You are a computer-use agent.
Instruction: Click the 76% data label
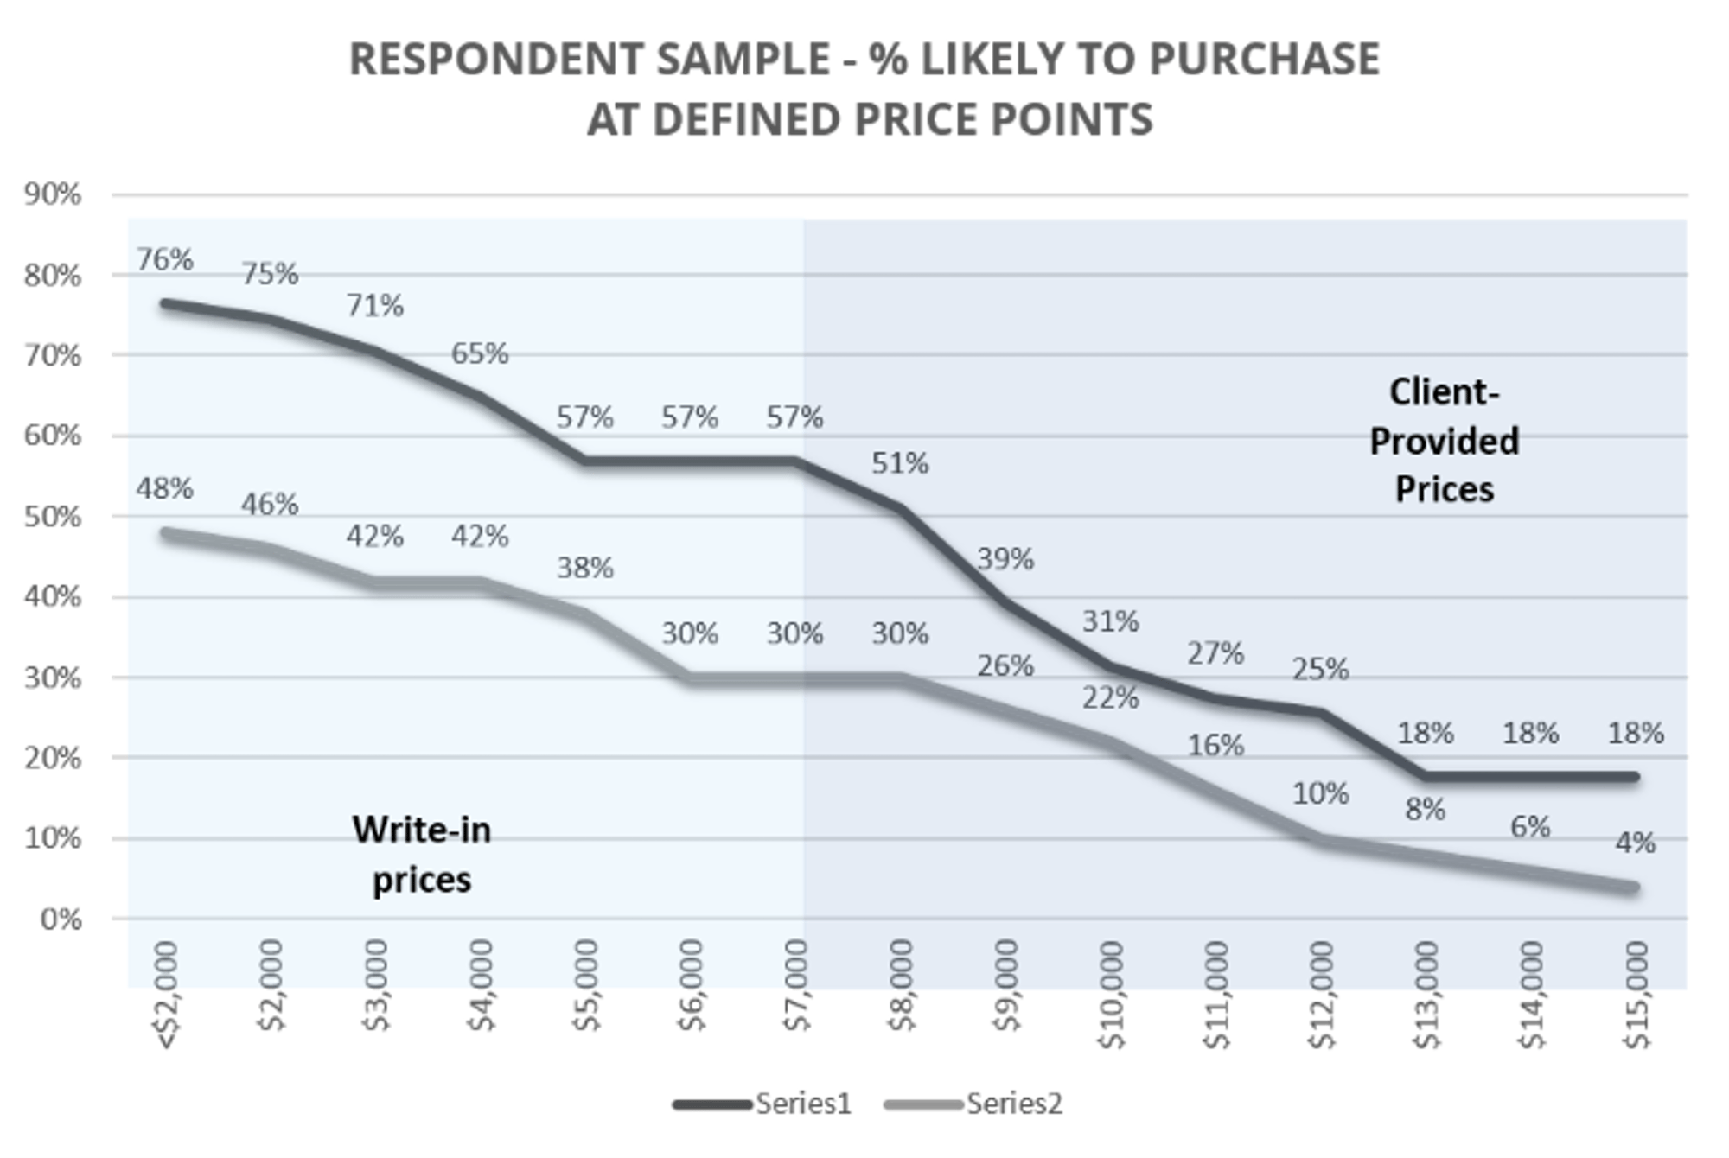click(x=164, y=259)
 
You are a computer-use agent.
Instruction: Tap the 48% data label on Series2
click(x=164, y=488)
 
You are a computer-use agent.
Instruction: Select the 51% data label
click(x=900, y=463)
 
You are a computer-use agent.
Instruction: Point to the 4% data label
click(x=1636, y=843)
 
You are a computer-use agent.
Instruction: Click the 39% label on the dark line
click(x=1005, y=559)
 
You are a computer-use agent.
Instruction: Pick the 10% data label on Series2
click(x=1320, y=793)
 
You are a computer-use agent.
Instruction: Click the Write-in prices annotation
click(x=422, y=855)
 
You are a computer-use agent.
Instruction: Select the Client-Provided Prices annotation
click(x=1444, y=441)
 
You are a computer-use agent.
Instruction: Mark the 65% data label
click(x=480, y=353)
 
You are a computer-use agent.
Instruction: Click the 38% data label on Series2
click(x=585, y=568)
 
